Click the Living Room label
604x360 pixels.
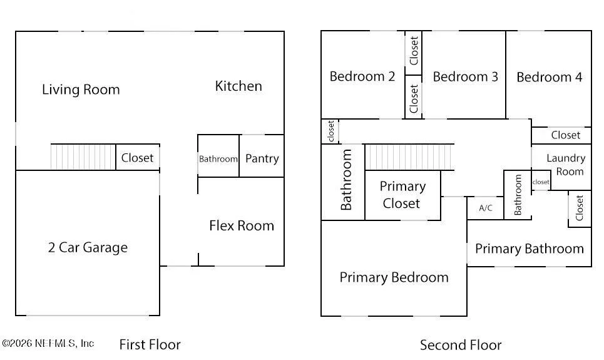[x=81, y=90]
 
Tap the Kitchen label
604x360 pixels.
[x=238, y=86]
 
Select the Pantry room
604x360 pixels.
[x=262, y=156]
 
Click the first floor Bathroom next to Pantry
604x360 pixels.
[x=218, y=156]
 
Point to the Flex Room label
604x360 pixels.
[x=242, y=225]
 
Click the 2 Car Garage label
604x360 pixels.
[x=88, y=247]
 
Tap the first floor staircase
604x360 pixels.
[x=83, y=157]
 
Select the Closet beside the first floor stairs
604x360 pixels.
[x=138, y=157]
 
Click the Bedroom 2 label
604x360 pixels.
[x=362, y=76]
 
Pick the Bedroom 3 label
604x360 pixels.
[x=465, y=77]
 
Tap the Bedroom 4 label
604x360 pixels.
[x=550, y=77]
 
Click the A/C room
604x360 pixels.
[x=485, y=208]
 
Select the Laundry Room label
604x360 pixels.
[x=566, y=165]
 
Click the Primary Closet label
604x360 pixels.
[x=402, y=195]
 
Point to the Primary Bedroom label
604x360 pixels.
[x=394, y=277]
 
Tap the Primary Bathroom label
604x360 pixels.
[x=530, y=249]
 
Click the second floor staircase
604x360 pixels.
[x=409, y=157]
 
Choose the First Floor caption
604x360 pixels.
[x=150, y=344]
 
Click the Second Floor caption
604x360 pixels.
[x=461, y=345]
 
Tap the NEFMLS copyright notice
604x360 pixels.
[x=48, y=343]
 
